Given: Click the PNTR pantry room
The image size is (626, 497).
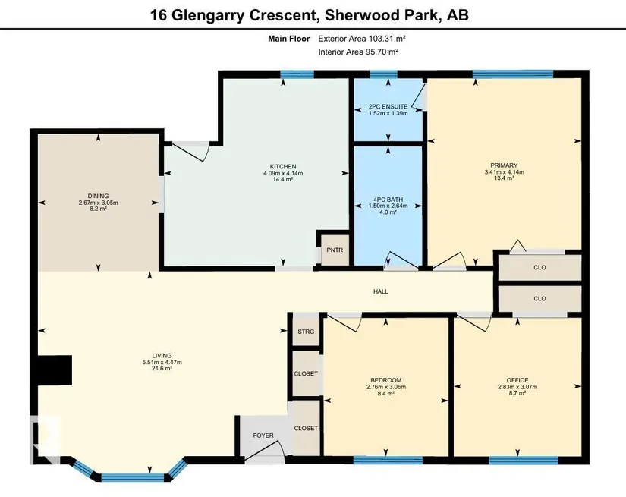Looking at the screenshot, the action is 335,250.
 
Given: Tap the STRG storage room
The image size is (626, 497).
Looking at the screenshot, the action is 307,332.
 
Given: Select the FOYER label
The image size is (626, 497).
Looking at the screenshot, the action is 263,436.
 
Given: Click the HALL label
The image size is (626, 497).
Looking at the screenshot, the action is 380,291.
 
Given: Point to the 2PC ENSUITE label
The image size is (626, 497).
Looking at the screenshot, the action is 388,106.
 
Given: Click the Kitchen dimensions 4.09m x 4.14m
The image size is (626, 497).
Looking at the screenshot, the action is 283,173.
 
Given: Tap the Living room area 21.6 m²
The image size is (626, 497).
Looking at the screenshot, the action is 162,369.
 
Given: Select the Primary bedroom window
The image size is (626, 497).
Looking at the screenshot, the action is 513,74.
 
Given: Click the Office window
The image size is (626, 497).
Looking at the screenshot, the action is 524,461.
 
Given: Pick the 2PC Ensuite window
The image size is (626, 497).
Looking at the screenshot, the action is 383,74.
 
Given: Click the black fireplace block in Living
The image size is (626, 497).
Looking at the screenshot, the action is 55,370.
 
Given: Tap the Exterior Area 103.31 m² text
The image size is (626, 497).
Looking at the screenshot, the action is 362,39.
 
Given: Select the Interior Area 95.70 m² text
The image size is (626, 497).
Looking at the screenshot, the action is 358,52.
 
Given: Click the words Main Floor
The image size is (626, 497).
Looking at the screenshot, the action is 288,39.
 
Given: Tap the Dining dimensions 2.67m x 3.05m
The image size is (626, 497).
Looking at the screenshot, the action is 98,203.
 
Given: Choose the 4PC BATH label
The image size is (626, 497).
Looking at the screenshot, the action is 388,200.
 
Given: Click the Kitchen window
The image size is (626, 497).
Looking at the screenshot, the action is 297,74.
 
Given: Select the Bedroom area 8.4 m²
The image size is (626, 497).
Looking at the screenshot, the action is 385,393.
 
